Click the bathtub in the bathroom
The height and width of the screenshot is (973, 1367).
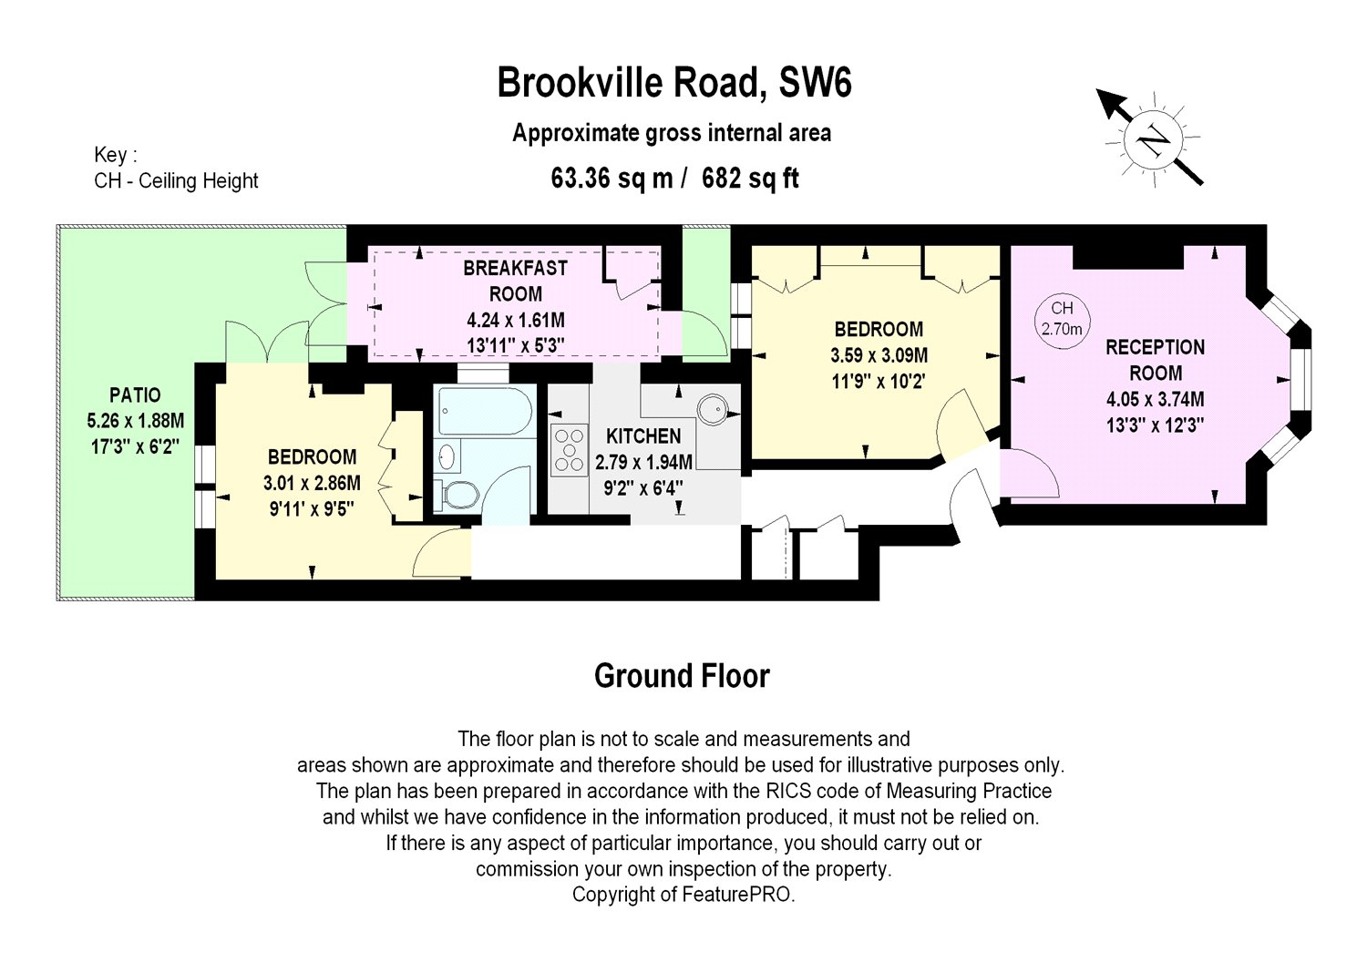486,411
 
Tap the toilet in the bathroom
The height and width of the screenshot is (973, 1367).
457,494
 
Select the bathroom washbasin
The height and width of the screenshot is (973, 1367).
447,457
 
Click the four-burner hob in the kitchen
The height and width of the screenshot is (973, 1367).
569,450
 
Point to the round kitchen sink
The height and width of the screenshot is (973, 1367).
712,408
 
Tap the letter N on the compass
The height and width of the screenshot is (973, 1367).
1154,140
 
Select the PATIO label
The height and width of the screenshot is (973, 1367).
135,394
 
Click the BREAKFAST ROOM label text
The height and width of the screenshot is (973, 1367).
516,281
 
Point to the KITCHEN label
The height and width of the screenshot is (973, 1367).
643,435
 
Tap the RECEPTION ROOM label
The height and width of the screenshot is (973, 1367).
1156,360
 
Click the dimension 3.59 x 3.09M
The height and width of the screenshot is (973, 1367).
879,355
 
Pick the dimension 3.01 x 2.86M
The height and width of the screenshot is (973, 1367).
312,483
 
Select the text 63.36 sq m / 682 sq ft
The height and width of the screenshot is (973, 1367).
674,179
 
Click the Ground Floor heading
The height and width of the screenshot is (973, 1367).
682,676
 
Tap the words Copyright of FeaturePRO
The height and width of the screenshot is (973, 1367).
683,895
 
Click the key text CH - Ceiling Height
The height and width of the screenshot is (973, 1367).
176,180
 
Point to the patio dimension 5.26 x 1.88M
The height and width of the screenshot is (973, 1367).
135,421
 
